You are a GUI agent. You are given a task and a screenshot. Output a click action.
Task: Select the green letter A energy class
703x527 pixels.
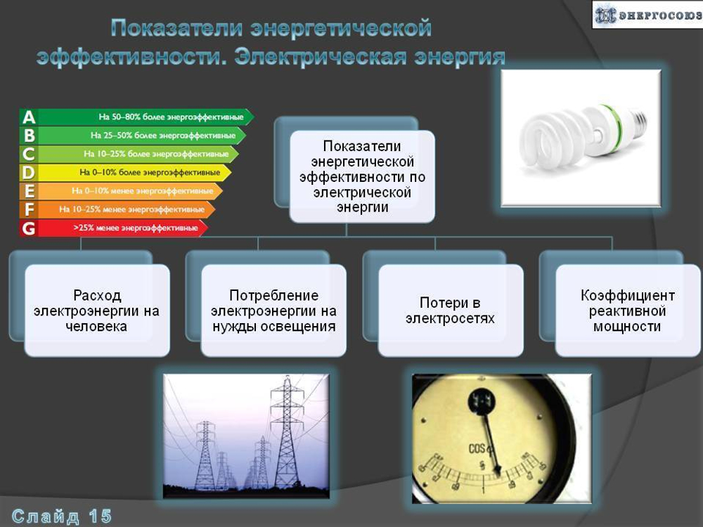(x=29, y=117)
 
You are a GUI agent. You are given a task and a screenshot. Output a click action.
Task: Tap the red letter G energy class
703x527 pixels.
(x=28, y=228)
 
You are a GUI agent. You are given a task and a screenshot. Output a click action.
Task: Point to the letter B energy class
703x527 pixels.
(x=29, y=136)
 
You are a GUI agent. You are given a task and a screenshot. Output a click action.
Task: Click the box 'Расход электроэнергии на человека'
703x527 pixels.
(x=97, y=311)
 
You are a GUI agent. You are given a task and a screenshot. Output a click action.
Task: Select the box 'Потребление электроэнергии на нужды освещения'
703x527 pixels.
(x=273, y=311)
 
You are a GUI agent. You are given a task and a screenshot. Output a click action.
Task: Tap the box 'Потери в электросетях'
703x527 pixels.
(x=450, y=311)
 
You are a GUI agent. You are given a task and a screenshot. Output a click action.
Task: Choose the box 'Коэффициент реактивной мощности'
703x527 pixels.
(x=627, y=311)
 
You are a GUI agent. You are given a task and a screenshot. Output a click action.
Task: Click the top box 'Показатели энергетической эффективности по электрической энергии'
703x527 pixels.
(x=362, y=176)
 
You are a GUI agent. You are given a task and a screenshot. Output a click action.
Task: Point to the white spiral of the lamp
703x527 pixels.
(x=555, y=137)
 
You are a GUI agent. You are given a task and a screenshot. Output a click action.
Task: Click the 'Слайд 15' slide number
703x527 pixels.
(x=62, y=516)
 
